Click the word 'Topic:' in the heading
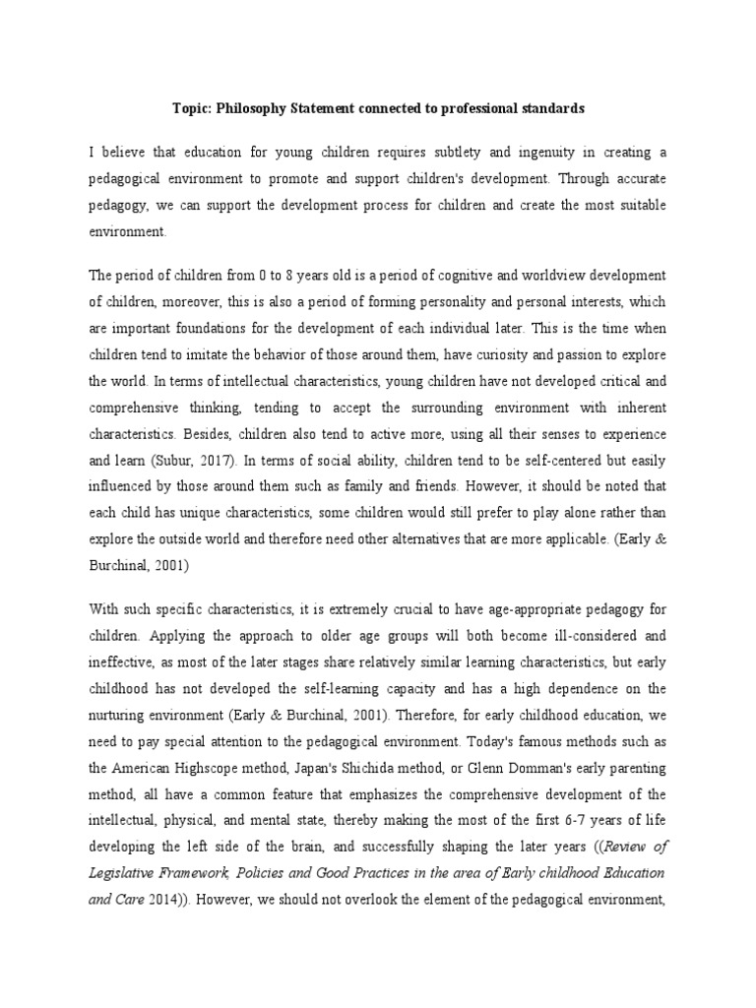click(x=183, y=109)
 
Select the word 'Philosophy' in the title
click(x=248, y=109)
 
